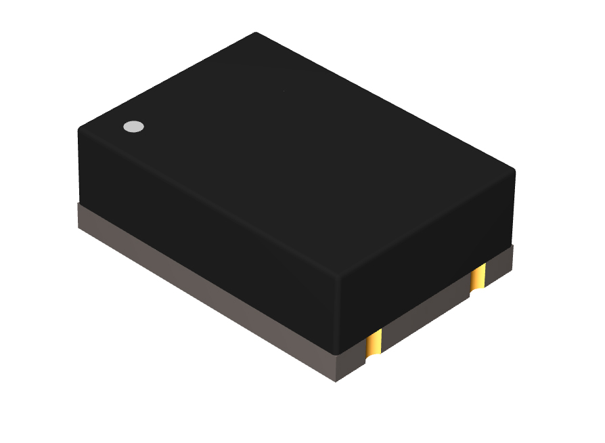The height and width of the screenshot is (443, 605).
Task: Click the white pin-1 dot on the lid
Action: tap(133, 126)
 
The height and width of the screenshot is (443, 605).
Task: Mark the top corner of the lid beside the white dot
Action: tap(80, 127)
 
